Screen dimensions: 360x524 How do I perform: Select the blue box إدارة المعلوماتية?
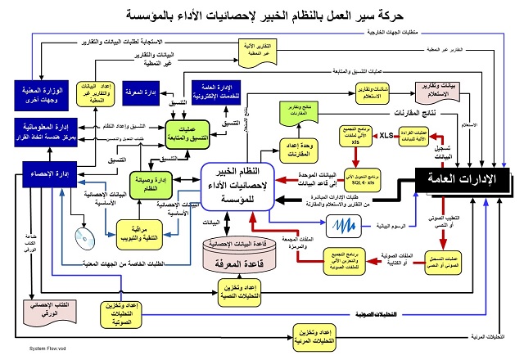click(45, 129)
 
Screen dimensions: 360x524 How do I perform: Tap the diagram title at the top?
click(263, 15)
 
